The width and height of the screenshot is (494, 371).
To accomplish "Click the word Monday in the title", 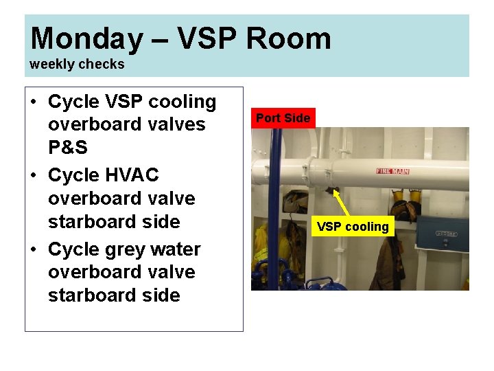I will [x=86, y=38].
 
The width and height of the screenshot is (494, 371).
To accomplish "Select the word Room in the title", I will [x=288, y=38].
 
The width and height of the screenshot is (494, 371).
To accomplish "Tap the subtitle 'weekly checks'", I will [x=77, y=64].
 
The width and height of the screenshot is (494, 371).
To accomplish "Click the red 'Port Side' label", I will [x=283, y=118].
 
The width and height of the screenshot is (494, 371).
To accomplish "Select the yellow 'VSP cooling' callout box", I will [x=353, y=227].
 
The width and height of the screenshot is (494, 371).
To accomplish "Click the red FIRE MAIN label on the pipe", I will [x=392, y=170].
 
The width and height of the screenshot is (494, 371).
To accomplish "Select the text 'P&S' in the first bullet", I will [x=67, y=148].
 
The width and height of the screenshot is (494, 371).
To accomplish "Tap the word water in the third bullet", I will [x=178, y=249].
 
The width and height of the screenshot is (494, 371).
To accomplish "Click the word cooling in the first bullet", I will [x=183, y=102].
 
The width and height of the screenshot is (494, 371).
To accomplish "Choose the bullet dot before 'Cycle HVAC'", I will [x=34, y=176].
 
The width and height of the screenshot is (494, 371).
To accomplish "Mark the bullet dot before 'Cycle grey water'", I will [x=34, y=249].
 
